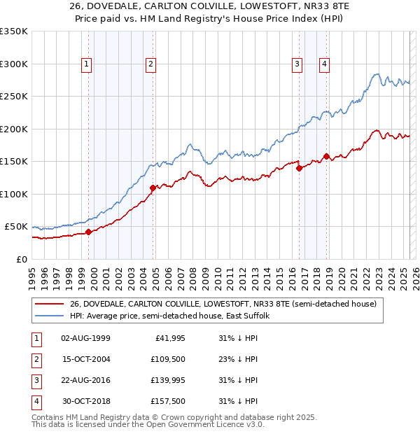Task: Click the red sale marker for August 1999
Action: click(x=89, y=232)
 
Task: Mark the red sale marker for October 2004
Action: click(x=153, y=188)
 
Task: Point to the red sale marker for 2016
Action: click(x=299, y=168)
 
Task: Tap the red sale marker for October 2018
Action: click(x=326, y=156)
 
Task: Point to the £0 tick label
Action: click(x=22, y=259)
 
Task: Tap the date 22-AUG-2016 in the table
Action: click(x=85, y=380)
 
